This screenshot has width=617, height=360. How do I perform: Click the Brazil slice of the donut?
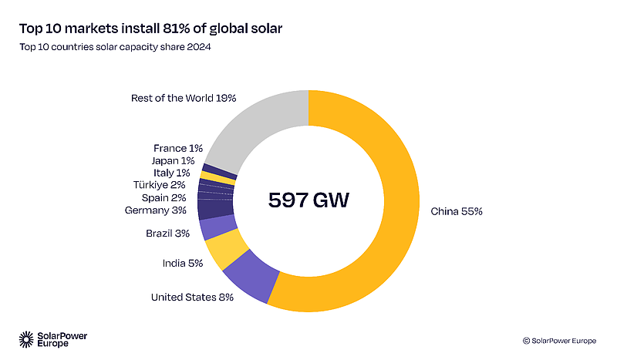point(208,227)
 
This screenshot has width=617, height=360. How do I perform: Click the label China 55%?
point(457,211)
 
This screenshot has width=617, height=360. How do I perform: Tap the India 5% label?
point(183,263)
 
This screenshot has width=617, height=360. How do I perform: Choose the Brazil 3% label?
point(167,233)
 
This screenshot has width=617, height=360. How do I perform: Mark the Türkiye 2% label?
point(159,185)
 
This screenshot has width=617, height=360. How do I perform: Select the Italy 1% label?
point(171,173)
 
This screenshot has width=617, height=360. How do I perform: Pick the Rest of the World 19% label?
point(183,98)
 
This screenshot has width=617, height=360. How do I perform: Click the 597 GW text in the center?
point(308,200)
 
